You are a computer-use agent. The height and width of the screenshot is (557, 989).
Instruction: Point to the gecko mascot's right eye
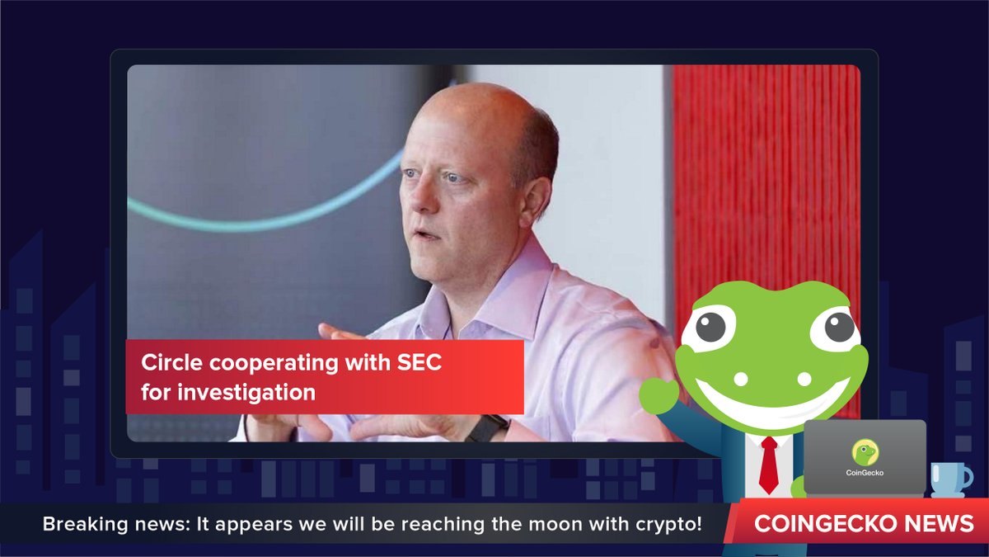pos(837,328)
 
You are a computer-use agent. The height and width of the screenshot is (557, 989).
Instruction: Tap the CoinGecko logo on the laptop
pos(865,452)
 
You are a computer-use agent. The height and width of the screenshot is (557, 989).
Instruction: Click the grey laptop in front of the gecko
pos(865,458)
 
